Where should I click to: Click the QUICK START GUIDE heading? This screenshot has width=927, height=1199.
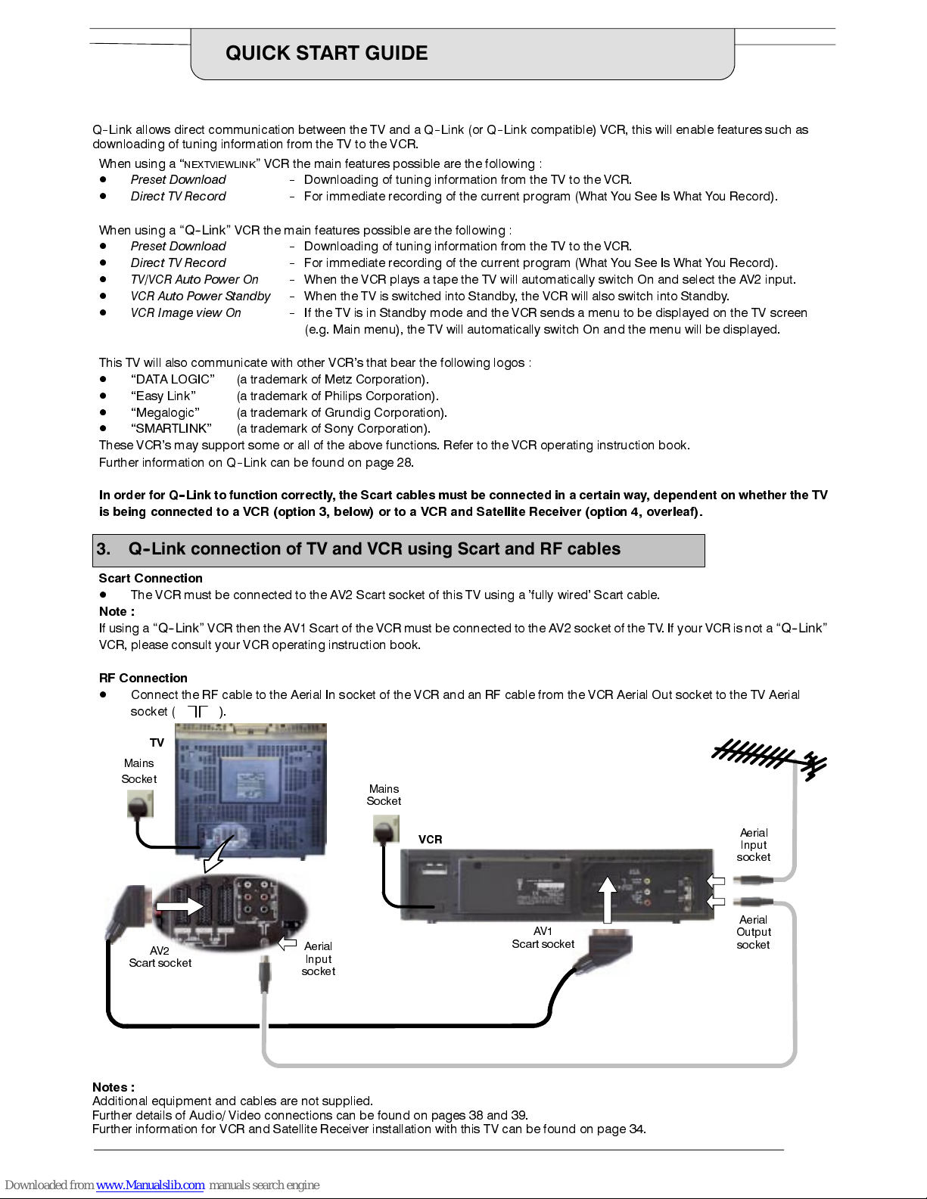click(326, 53)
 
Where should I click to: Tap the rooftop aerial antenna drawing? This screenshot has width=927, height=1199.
click(769, 758)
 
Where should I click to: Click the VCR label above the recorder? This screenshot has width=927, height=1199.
click(430, 839)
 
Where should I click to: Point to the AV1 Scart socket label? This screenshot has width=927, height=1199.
click(543, 937)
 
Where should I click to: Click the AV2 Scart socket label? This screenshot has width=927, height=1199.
click(160, 957)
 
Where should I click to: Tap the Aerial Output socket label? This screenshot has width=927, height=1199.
click(753, 932)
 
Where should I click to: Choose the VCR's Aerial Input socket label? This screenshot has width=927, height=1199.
click(753, 844)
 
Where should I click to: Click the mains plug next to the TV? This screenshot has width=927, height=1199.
click(139, 806)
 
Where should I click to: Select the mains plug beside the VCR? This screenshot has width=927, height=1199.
click(386, 830)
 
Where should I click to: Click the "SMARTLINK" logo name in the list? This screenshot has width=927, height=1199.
click(171, 428)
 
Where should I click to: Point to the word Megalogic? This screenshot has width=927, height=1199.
click(165, 412)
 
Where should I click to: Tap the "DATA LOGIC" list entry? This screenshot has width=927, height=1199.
click(173, 379)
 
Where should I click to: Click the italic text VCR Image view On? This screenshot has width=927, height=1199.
click(185, 312)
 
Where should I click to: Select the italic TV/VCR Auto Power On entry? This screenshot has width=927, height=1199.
click(194, 279)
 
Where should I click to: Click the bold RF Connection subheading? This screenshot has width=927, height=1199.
click(143, 678)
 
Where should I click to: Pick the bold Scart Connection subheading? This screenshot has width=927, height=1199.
click(151, 578)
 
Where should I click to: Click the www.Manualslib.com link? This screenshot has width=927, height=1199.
click(150, 1185)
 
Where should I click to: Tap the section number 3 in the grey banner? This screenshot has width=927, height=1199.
click(103, 549)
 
